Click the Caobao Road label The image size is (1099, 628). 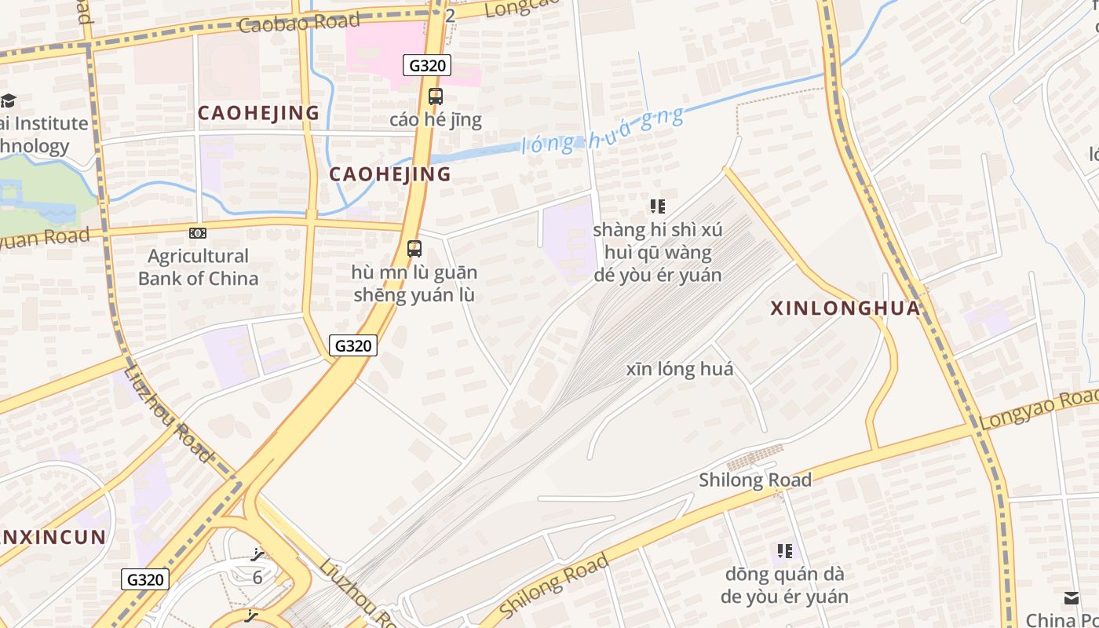tap(299, 22)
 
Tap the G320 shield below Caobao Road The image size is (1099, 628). tap(428, 65)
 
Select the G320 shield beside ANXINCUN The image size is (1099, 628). tap(146, 579)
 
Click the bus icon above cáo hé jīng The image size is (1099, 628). tap(435, 97)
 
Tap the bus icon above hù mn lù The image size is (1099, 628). tap(414, 249)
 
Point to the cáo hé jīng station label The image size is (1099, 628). tap(436, 120)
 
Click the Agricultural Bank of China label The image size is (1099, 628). tap(198, 267)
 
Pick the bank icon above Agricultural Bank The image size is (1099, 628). tap(198, 232)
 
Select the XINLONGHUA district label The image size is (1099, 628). tap(845, 309)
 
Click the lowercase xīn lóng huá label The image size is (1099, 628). tap(680, 369)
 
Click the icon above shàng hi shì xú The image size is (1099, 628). tap(658, 206)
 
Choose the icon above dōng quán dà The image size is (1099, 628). tap(784, 551)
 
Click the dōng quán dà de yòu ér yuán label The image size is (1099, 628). tap(784, 585)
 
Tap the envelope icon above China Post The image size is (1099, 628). tap(1071, 598)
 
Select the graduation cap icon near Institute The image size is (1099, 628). tap(8, 100)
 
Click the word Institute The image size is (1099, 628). tap(51, 123)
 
